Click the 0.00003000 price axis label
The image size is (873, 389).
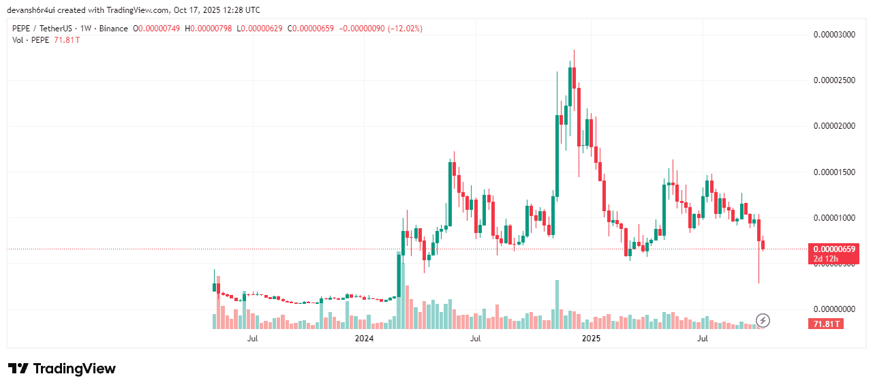pyautogui.click(x=834, y=35)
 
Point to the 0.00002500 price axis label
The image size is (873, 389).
pyautogui.click(x=834, y=80)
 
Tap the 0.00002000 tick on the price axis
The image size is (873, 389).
pyautogui.click(x=834, y=126)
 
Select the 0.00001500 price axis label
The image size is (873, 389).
pyautogui.click(x=834, y=172)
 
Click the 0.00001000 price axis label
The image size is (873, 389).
pyautogui.click(x=834, y=218)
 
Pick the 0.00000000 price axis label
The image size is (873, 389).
pyautogui.click(x=834, y=310)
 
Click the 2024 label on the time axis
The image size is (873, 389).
pyautogui.click(x=365, y=338)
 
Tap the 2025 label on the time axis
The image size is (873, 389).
pyautogui.click(x=590, y=338)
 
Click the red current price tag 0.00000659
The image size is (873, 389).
pyautogui.click(x=833, y=249)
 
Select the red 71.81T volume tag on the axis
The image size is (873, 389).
pyautogui.click(x=825, y=324)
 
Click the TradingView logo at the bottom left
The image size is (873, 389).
pyautogui.click(x=62, y=369)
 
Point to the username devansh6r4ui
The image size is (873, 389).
pyautogui.click(x=33, y=10)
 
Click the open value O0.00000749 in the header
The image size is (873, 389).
pyautogui.click(x=157, y=29)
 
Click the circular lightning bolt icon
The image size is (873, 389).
pyautogui.click(x=764, y=320)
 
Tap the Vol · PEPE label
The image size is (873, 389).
pyautogui.click(x=30, y=40)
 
